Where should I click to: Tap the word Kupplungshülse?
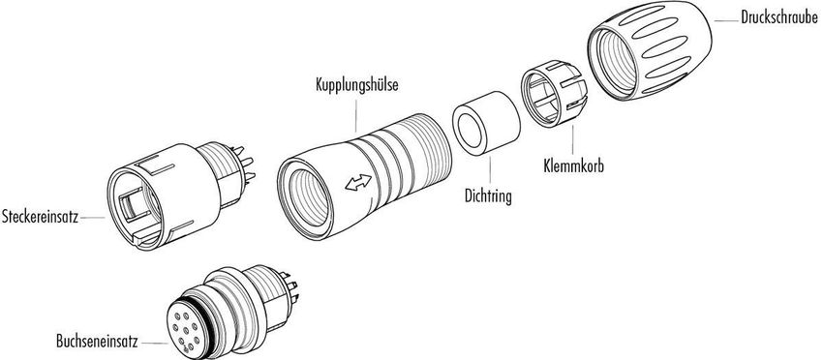(357, 85)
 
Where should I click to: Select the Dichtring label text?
(488, 196)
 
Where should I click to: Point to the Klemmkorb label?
(574, 165)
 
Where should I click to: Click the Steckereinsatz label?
(40, 217)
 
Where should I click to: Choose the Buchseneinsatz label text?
(97, 341)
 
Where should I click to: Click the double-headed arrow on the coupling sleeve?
(358, 182)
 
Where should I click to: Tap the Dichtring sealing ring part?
(486, 123)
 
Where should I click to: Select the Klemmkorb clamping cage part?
(554, 94)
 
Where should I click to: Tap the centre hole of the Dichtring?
(470, 130)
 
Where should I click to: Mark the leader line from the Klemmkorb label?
(573, 140)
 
